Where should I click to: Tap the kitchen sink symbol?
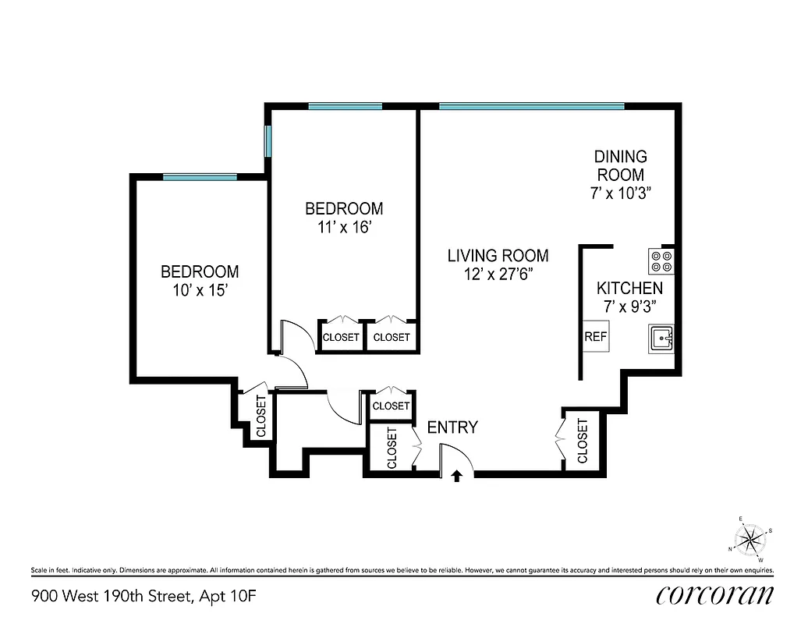coord(661,339)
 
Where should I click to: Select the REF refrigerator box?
coord(596,338)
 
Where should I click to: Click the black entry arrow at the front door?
coord(458,476)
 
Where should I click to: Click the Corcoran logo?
coord(715,594)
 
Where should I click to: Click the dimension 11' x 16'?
coord(344,227)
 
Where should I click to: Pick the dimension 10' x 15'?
coord(200,290)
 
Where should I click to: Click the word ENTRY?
coord(452,427)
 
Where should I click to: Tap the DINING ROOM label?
coord(621,165)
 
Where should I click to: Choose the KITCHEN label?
coord(629,289)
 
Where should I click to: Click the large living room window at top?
coord(532,106)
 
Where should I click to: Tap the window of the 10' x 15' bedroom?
coord(200,177)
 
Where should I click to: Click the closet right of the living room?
coord(582,440)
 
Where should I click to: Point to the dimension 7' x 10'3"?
coord(621,193)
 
